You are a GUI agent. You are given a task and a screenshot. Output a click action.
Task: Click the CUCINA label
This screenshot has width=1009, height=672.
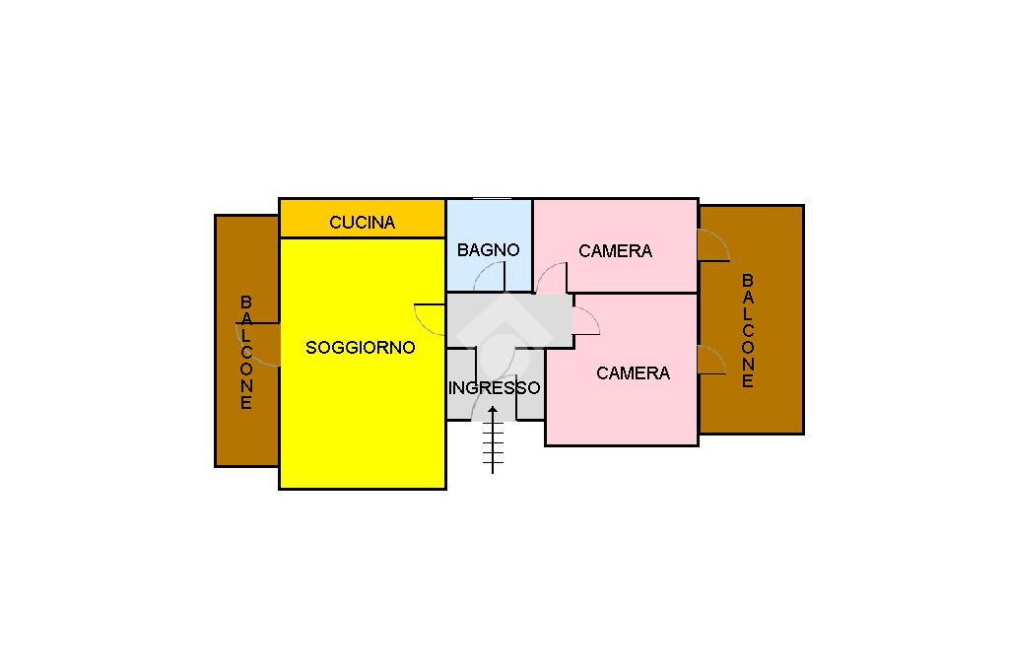point(363,223)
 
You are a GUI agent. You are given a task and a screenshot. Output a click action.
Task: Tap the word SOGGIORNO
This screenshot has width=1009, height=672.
point(361,348)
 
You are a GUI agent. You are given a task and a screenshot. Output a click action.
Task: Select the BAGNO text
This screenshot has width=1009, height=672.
point(489,249)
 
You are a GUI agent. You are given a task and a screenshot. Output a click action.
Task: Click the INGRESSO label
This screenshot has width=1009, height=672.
point(495,388)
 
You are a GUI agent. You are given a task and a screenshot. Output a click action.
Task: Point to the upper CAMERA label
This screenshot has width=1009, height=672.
point(615,251)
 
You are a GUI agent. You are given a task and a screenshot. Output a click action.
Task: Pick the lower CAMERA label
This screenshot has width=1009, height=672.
point(634,373)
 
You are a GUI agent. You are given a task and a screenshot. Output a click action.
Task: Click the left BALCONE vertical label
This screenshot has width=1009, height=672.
point(246,353)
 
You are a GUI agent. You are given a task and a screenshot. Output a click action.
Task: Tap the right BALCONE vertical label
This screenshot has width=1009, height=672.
point(748,331)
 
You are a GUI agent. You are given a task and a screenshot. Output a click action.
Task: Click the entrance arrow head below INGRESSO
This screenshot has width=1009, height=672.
point(493,410)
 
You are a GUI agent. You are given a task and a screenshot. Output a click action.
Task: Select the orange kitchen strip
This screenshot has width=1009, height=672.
point(363,219)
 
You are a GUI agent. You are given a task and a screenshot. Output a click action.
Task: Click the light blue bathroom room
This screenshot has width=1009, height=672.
point(489,245)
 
